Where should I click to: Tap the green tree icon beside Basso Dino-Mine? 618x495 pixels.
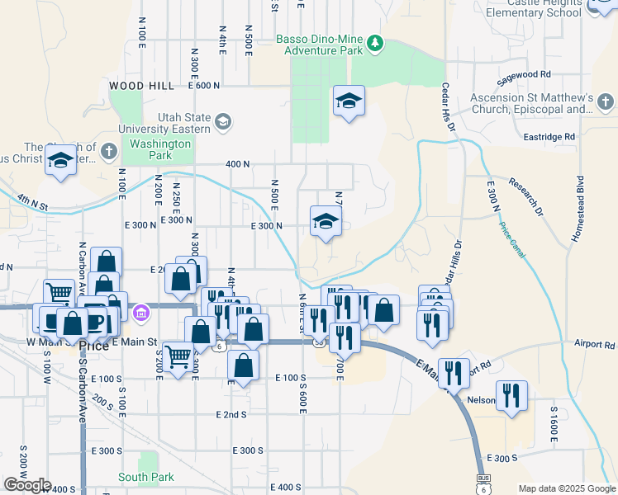(375, 42)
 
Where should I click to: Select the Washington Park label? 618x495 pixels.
(160, 149)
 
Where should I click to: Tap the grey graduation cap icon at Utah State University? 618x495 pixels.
(222, 123)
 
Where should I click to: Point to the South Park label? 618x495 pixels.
(146, 477)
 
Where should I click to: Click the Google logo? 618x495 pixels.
(27, 485)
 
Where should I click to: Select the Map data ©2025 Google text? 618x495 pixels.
(566, 488)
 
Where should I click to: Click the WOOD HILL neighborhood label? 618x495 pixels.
(141, 86)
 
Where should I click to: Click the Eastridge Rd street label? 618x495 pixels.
(548, 136)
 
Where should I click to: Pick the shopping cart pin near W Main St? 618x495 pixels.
(59, 292)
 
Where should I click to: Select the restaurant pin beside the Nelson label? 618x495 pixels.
(512, 395)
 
